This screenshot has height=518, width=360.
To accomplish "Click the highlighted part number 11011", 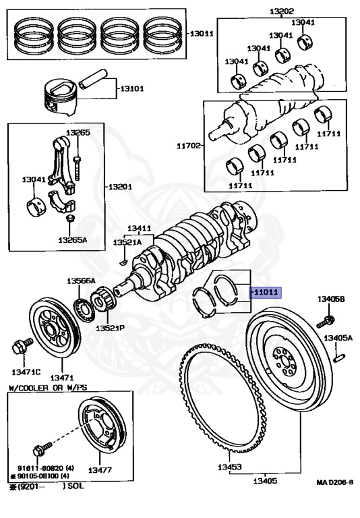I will click(266, 293).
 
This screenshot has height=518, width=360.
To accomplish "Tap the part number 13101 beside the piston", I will click(133, 88).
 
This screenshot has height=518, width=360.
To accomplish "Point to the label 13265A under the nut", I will click(72, 239).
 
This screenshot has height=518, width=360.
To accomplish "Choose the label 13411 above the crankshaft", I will click(140, 229).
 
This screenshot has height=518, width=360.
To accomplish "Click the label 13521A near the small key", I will click(126, 241).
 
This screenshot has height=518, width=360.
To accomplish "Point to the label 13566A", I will click(81, 281).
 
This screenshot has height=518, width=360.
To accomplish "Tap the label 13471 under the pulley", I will click(62, 377).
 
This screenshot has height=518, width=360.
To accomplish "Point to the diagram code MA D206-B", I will click(335, 483).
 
